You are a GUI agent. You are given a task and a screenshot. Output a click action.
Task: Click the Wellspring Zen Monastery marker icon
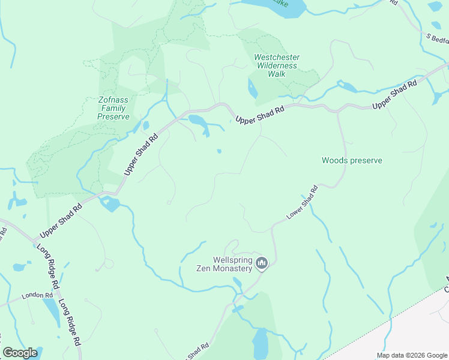[262, 263]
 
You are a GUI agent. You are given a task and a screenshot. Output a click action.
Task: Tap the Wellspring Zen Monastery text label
[224, 265]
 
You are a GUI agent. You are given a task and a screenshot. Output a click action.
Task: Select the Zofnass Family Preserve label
[113, 109]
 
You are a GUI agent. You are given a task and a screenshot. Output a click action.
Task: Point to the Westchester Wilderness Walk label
[277, 65]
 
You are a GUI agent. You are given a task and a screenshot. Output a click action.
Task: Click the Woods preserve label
[352, 160]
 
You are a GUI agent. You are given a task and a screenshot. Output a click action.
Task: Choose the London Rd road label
[34, 296]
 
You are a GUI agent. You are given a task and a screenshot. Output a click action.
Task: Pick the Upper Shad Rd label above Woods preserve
[394, 95]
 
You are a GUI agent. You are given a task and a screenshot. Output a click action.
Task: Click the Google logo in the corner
[20, 353]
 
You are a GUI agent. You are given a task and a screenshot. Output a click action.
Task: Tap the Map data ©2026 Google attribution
[411, 355]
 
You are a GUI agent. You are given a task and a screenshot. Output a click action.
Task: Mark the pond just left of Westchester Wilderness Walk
[252, 89]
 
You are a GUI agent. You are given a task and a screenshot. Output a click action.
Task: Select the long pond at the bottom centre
[260, 344]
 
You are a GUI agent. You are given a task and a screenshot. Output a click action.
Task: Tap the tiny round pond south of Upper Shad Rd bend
[219, 151]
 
